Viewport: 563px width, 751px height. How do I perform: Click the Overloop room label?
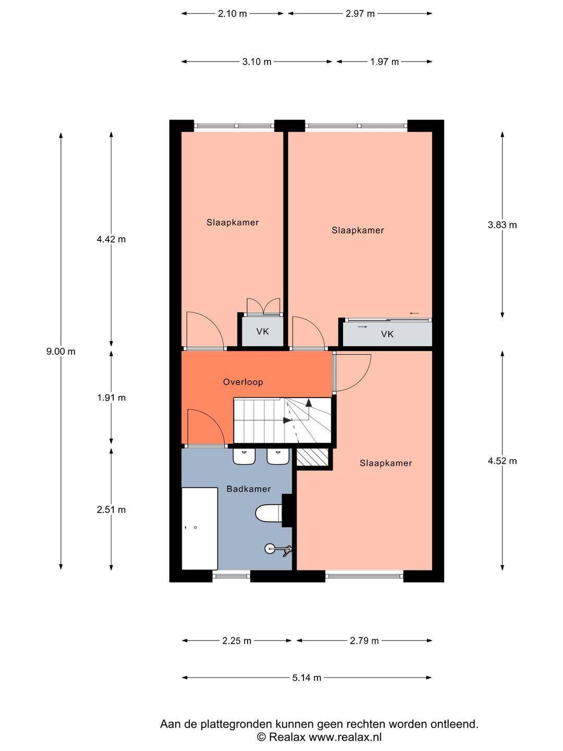point(243,382)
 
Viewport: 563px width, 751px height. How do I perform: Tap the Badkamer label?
point(248,489)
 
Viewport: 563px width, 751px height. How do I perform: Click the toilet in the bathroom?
point(268,513)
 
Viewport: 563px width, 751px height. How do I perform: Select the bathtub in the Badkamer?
point(200,528)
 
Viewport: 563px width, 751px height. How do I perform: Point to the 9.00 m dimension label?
point(61,352)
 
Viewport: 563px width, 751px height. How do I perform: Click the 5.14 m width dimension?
point(307,678)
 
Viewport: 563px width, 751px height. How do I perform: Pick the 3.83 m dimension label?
point(502,225)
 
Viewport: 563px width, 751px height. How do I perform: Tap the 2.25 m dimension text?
point(237,640)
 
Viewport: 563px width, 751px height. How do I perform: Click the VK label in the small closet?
point(262,331)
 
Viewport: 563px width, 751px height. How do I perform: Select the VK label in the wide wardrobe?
point(387,334)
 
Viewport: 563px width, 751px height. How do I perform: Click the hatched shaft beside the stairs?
point(312,457)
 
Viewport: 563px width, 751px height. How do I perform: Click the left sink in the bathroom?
point(244,456)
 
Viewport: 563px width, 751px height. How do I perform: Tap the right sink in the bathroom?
point(278,456)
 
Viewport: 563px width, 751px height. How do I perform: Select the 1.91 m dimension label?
point(111,397)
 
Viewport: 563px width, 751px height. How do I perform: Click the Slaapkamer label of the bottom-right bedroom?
point(386,463)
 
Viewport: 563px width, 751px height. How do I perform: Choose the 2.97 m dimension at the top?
point(360,14)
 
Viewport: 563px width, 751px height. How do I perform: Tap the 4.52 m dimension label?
point(502,461)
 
